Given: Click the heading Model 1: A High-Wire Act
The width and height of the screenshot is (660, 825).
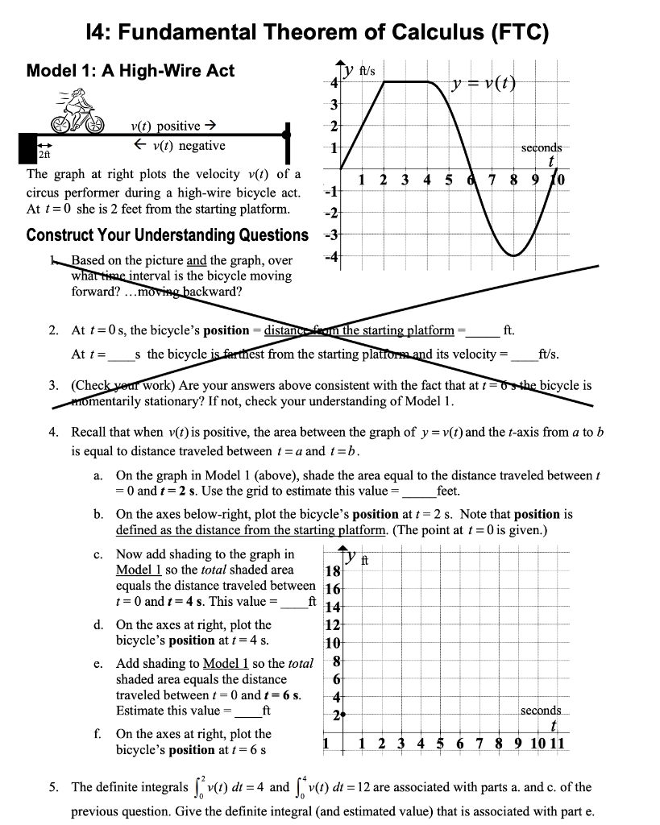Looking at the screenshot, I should pyautogui.click(x=131, y=71).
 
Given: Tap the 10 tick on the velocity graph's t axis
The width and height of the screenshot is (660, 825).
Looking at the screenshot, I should pyautogui.click(x=559, y=179).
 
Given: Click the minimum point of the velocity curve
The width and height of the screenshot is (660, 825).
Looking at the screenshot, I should pyautogui.click(x=514, y=255).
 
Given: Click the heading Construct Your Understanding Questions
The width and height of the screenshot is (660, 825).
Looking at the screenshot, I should pyautogui.click(x=167, y=235).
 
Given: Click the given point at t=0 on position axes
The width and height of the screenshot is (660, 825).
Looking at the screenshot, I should pyautogui.click(x=343, y=715).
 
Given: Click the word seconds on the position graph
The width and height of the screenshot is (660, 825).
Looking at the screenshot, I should pyautogui.click(x=542, y=711).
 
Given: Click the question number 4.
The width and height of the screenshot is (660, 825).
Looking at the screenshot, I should pyautogui.click(x=52, y=433).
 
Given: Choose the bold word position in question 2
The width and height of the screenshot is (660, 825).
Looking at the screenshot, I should pyautogui.click(x=226, y=330).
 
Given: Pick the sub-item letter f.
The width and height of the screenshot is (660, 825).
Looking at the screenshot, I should pyautogui.click(x=98, y=734).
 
